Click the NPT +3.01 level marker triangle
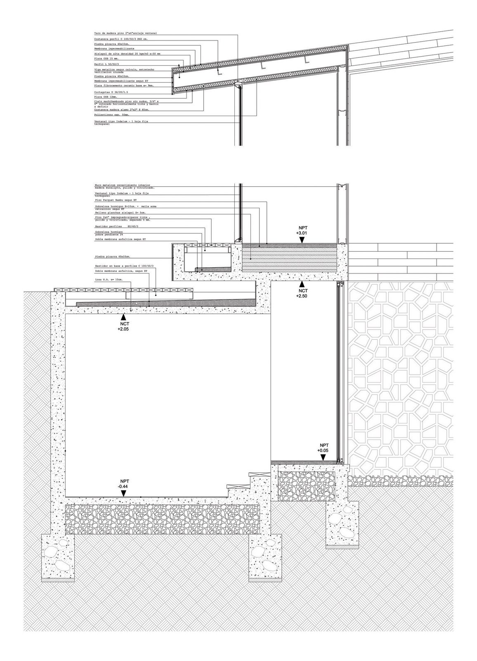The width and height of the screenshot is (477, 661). pos(301,239)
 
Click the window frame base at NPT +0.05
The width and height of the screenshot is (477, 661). pos(339,461)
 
